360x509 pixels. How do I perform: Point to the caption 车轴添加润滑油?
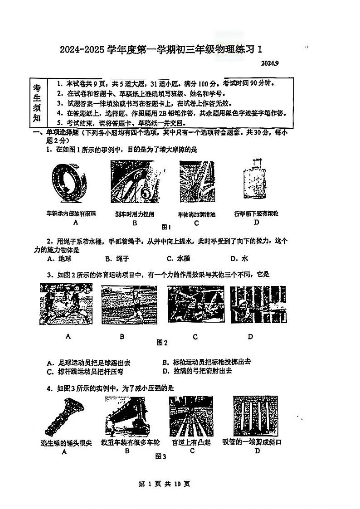[196, 214]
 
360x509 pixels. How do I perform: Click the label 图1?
[166, 227]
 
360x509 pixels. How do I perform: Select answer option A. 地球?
[59, 259]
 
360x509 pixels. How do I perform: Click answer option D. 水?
[239, 259]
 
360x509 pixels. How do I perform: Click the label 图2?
[162, 343]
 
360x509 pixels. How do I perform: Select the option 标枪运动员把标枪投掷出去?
[206, 362]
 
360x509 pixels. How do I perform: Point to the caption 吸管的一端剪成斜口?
[252, 442]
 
